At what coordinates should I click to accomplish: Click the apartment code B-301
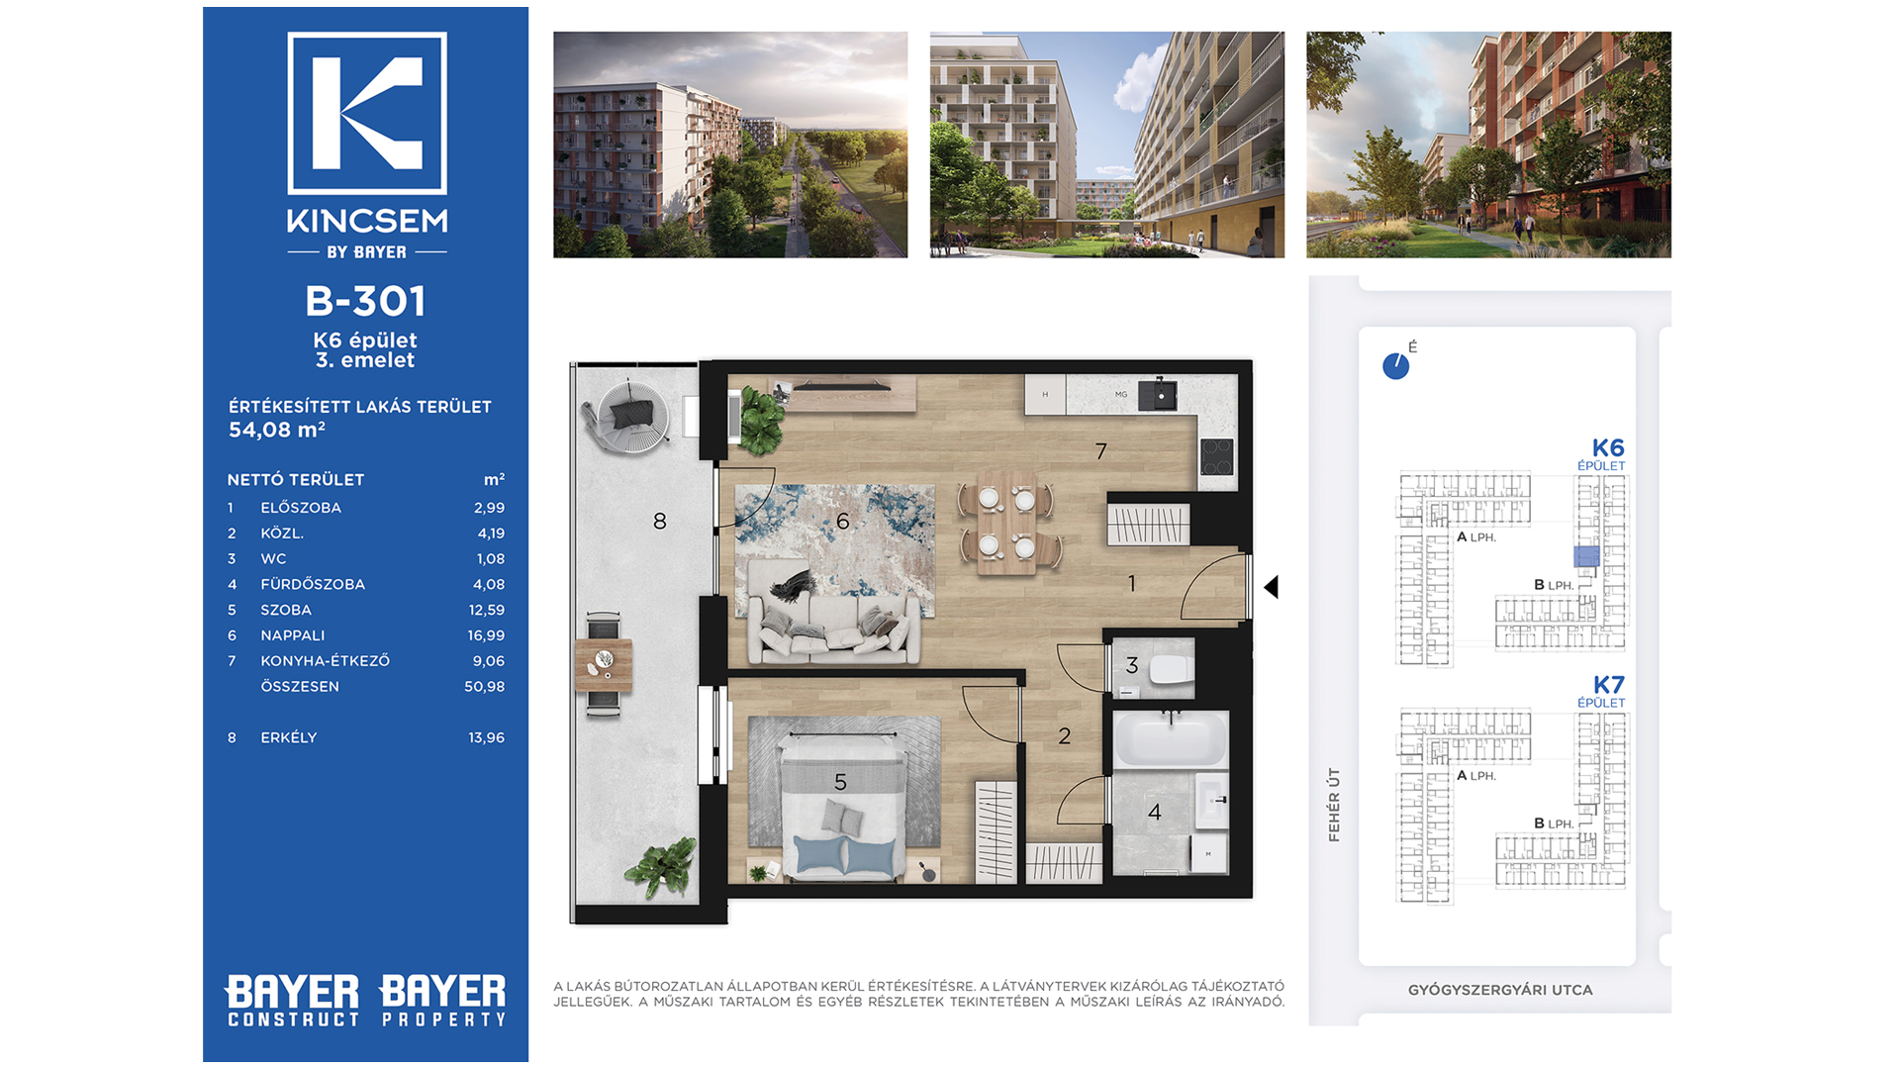point(365,301)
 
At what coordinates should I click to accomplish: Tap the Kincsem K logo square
point(367,113)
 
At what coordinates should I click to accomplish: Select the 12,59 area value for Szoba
point(486,610)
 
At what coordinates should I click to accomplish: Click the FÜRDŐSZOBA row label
point(313,584)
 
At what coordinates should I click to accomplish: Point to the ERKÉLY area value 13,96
point(486,737)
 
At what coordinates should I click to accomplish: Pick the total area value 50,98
point(484,686)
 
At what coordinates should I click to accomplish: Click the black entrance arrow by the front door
point(1272,587)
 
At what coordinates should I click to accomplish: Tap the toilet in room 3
point(1172,669)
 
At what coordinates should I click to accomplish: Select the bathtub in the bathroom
point(1171,738)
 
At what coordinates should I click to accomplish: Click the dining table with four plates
point(1007,522)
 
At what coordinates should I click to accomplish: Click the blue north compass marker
point(1395,366)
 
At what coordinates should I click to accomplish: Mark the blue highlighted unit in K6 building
point(1586,556)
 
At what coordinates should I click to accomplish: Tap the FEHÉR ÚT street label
point(1334,805)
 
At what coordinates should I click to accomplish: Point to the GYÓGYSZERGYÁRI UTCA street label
point(1500,990)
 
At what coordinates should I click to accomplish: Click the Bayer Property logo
point(442,1001)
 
